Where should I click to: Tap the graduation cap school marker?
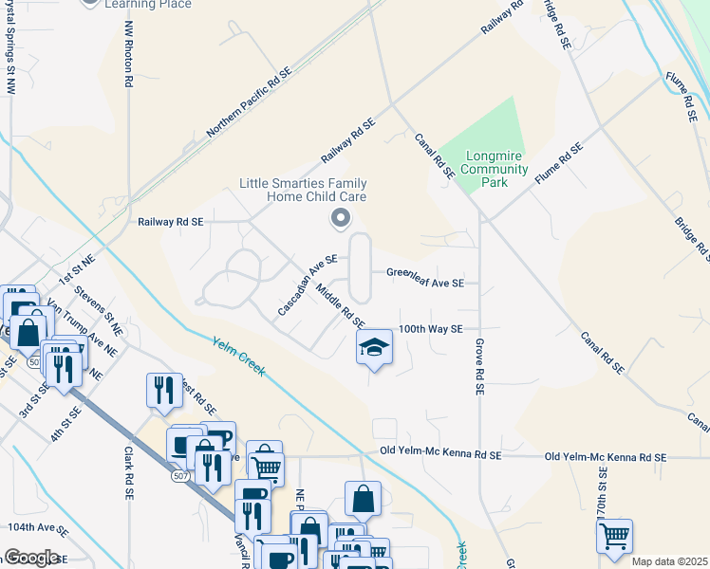click(374, 348)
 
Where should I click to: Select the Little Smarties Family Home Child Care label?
click(303, 190)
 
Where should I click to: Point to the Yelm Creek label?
click(238, 359)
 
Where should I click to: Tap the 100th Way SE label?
click(430, 328)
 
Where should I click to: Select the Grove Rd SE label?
click(480, 366)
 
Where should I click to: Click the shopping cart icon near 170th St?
click(614, 537)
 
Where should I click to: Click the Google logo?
click(31, 557)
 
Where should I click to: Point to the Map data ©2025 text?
click(669, 561)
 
